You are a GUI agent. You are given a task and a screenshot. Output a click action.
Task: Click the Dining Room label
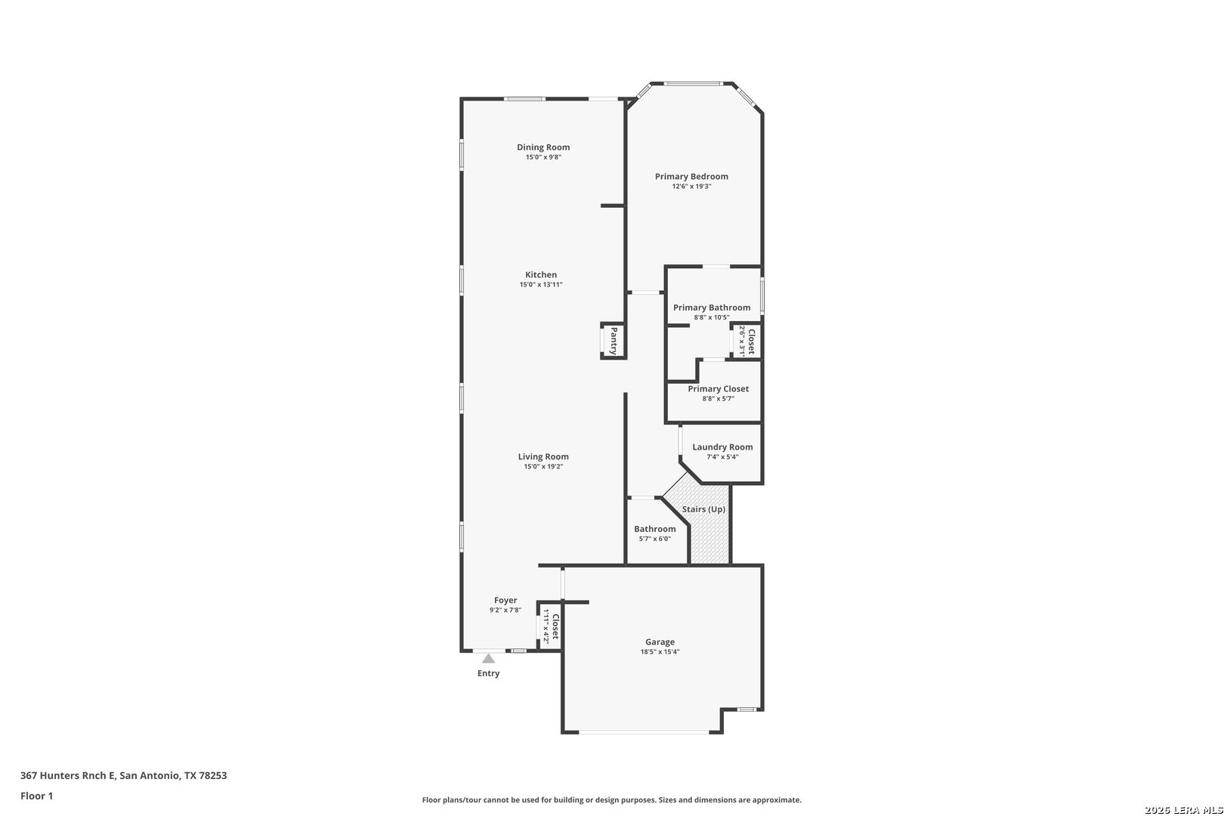click(x=543, y=147)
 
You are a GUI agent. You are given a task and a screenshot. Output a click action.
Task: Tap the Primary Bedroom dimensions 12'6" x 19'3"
click(x=691, y=187)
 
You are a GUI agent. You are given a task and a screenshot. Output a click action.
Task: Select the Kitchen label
click(x=541, y=275)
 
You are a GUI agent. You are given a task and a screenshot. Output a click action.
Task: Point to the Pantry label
click(x=614, y=341)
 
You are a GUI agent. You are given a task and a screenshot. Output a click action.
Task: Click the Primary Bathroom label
click(x=712, y=308)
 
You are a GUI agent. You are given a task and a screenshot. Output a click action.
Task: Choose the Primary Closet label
click(x=718, y=389)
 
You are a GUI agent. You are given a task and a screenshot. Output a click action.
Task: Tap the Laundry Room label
click(x=722, y=447)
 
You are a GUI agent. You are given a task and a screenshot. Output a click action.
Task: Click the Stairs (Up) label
click(x=703, y=509)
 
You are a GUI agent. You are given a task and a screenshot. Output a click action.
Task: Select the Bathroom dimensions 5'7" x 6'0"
click(x=654, y=539)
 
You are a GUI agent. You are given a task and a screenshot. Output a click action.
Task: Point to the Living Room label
click(x=543, y=457)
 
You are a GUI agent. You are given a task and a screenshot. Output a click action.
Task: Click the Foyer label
click(x=505, y=600)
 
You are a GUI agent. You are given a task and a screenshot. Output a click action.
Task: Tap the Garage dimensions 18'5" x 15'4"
click(x=660, y=652)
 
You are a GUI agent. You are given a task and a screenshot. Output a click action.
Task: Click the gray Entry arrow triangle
click(x=489, y=659)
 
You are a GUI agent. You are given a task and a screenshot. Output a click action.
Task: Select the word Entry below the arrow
click(x=489, y=673)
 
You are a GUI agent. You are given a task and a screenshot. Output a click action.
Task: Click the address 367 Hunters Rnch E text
click(x=68, y=775)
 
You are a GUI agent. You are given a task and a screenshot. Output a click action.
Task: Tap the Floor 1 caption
click(x=36, y=796)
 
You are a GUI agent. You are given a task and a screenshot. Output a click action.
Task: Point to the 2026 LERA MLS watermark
click(x=1183, y=810)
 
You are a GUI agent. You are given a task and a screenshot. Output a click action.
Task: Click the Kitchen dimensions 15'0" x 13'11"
click(x=541, y=285)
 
